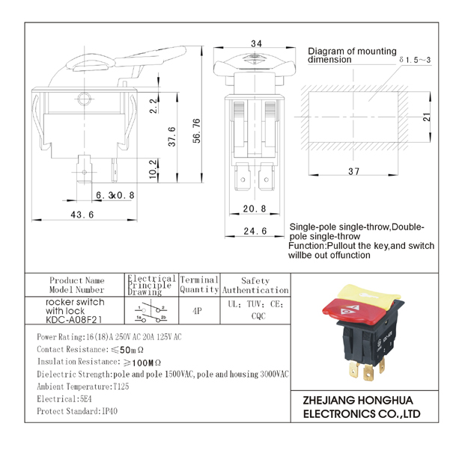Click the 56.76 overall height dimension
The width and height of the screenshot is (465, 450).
pos(197,131)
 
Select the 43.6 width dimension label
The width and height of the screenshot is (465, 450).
pos(82,215)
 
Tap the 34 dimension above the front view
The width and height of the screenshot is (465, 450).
pos(256,44)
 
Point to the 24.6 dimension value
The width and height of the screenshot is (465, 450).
pos(255,231)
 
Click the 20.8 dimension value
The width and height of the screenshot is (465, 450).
pos(255,209)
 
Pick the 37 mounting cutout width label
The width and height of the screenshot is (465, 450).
pos(353,171)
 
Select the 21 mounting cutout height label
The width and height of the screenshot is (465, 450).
pos(427,117)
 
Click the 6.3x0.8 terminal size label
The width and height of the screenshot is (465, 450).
pos(115,195)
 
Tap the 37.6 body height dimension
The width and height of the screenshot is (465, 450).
pos(171,137)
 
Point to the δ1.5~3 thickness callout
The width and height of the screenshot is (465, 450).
pos(415,60)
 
